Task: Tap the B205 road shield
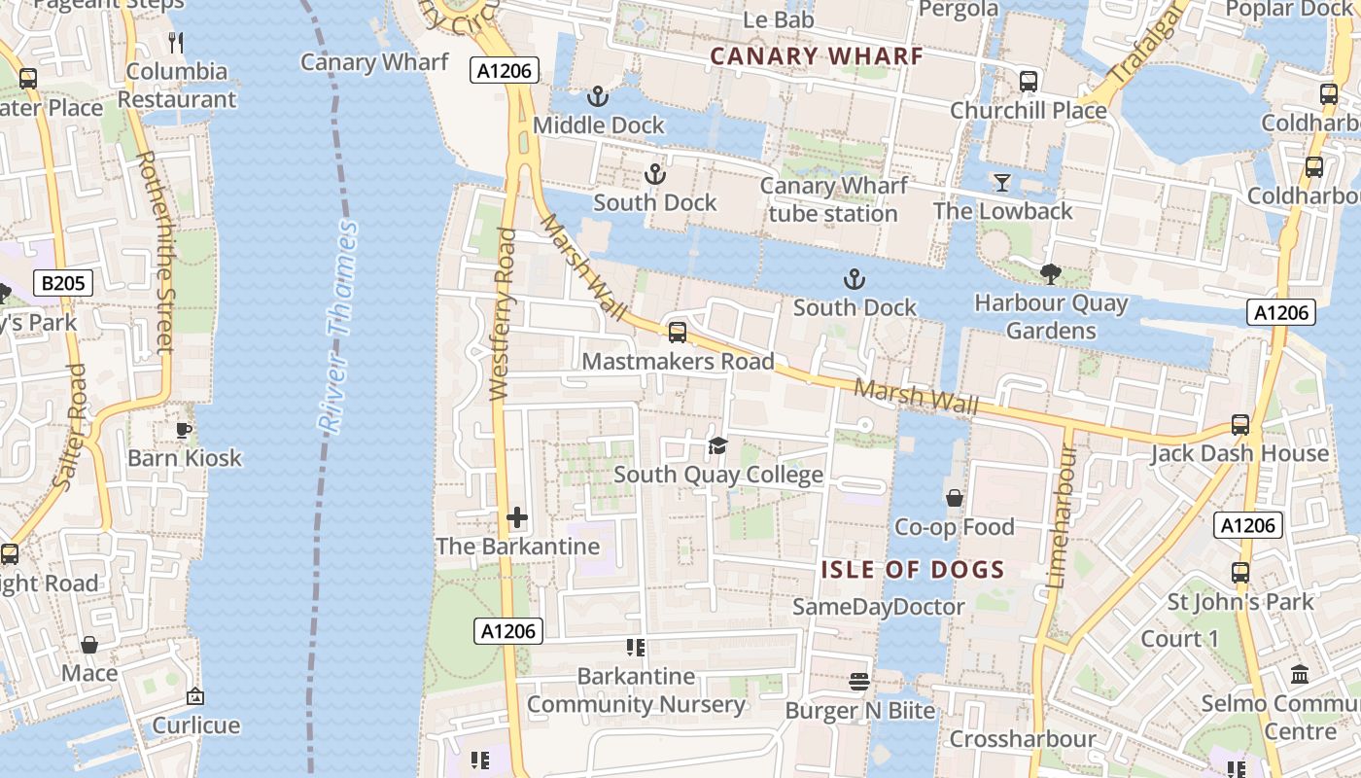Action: click(64, 284)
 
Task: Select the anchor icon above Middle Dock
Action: click(597, 96)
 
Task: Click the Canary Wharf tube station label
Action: click(833, 199)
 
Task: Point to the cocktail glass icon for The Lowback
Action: click(1001, 183)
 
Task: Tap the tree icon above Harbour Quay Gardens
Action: click(1050, 274)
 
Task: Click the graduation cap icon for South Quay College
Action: click(717, 446)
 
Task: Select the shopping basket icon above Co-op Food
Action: click(955, 498)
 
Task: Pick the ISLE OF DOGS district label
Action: click(912, 570)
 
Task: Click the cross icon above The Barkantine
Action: click(517, 517)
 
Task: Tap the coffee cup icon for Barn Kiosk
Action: click(184, 430)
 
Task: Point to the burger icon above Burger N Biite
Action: click(859, 682)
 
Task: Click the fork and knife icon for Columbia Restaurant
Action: click(176, 43)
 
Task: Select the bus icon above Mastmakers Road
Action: click(678, 333)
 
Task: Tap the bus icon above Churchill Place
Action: click(1028, 82)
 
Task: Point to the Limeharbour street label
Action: click(1060, 515)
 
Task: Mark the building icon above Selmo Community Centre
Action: click(1300, 674)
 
